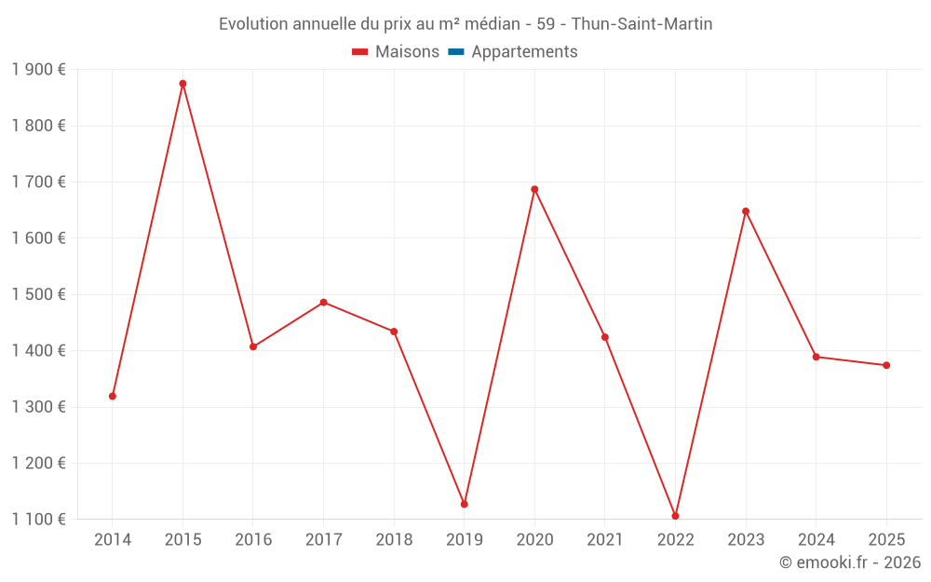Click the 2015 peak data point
pyautogui.click(x=182, y=84)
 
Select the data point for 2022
pyautogui.click(x=675, y=516)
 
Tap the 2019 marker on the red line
pyautogui.click(x=464, y=504)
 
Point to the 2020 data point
pyautogui.click(x=534, y=189)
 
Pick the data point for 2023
pyautogui.click(x=746, y=211)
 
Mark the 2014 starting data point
pyautogui.click(x=113, y=396)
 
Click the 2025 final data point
pyautogui.click(x=886, y=365)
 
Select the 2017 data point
pyautogui.click(x=323, y=302)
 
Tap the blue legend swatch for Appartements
pyautogui.click(x=456, y=52)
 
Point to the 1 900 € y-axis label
pyautogui.click(x=38, y=70)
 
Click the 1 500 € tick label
pyautogui.click(x=38, y=294)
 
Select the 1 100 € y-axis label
pyautogui.click(x=38, y=520)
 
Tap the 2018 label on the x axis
pyautogui.click(x=394, y=540)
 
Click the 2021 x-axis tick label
pyautogui.click(x=605, y=540)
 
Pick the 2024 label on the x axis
pyautogui.click(x=816, y=540)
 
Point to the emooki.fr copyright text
pyautogui.click(x=849, y=562)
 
